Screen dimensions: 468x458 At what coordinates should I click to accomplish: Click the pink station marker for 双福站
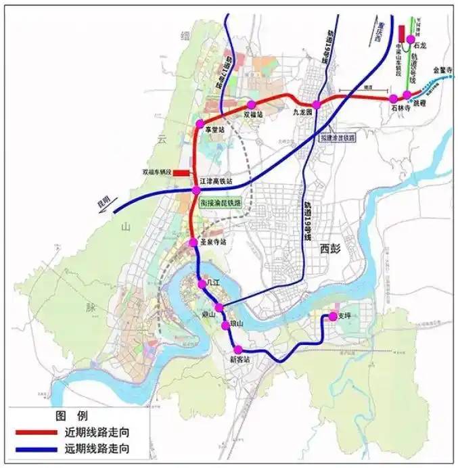point(251,104)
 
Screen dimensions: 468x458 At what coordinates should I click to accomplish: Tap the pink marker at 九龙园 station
point(316,104)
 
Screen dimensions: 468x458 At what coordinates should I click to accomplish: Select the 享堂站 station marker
point(199,124)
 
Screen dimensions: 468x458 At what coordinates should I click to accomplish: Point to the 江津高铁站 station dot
point(196,190)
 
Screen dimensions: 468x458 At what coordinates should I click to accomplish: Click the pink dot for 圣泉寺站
point(193,241)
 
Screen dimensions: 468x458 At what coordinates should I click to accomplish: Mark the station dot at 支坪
point(333,316)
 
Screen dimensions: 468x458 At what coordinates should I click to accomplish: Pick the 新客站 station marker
point(238,349)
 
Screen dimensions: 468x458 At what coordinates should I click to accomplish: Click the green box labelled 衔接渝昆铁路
point(221,203)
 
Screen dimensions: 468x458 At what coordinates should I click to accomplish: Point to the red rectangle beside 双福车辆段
point(181,173)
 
